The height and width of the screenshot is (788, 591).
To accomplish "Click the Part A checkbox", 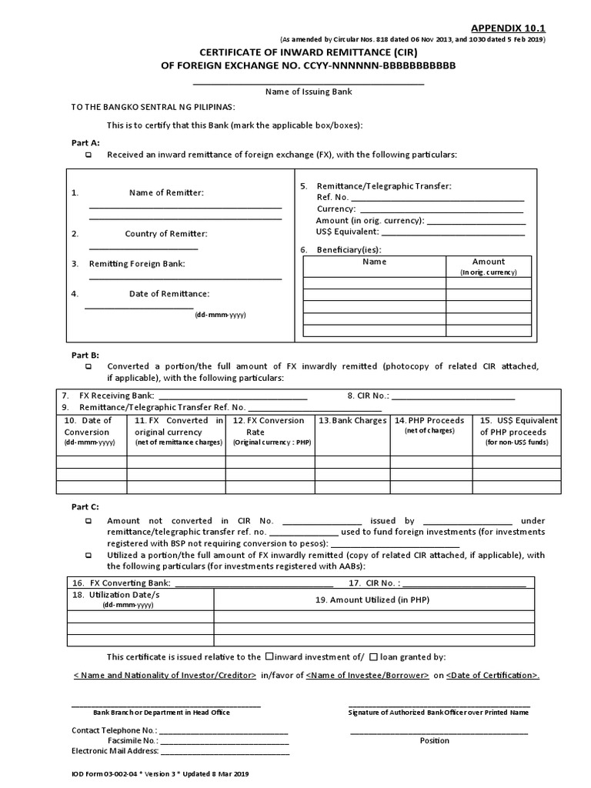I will coord(88,155).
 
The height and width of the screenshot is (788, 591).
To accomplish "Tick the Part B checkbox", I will coord(88,367).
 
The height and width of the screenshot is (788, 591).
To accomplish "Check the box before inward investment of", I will coord(269,657).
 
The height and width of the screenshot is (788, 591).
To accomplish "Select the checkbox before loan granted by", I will coord(373,657).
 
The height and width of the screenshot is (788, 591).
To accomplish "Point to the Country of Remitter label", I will coord(166,234).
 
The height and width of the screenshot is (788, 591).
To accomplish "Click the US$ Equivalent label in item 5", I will coord(346,231).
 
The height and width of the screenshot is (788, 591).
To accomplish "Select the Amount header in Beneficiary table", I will coord(488,262).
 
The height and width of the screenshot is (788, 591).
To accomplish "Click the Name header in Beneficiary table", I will coord(374,262).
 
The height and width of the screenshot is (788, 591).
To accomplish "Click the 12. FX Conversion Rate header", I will coord(269,426).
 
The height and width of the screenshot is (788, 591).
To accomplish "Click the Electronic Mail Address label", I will coord(115,751).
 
